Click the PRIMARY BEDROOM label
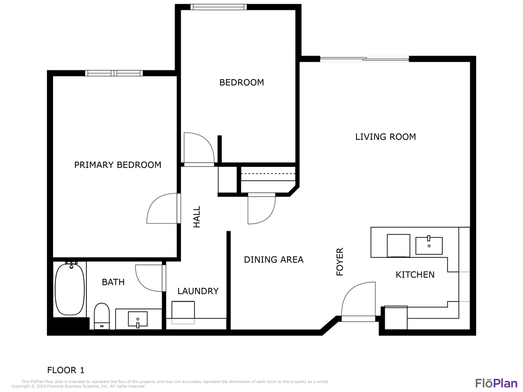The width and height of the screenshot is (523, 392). (118, 165)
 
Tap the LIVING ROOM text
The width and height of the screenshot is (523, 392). (386, 137)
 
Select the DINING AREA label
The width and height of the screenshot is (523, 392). (274, 260)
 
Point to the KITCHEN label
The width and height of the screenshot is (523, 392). (415, 275)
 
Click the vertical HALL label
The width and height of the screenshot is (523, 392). (197, 217)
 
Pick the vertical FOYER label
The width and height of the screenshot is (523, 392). (340, 262)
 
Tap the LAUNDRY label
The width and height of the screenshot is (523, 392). (198, 291)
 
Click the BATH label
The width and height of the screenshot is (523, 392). (113, 282)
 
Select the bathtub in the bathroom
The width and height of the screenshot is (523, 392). (69, 289)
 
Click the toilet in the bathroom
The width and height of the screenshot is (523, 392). (102, 316)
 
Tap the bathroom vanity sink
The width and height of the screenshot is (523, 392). (138, 320)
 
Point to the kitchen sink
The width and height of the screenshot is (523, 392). (429, 246)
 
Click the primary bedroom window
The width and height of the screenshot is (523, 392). (114, 73)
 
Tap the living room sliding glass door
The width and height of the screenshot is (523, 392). (365, 59)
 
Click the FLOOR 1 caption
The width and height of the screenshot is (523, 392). (66, 371)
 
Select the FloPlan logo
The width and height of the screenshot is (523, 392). (496, 383)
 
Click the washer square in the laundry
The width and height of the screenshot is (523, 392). (183, 311)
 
